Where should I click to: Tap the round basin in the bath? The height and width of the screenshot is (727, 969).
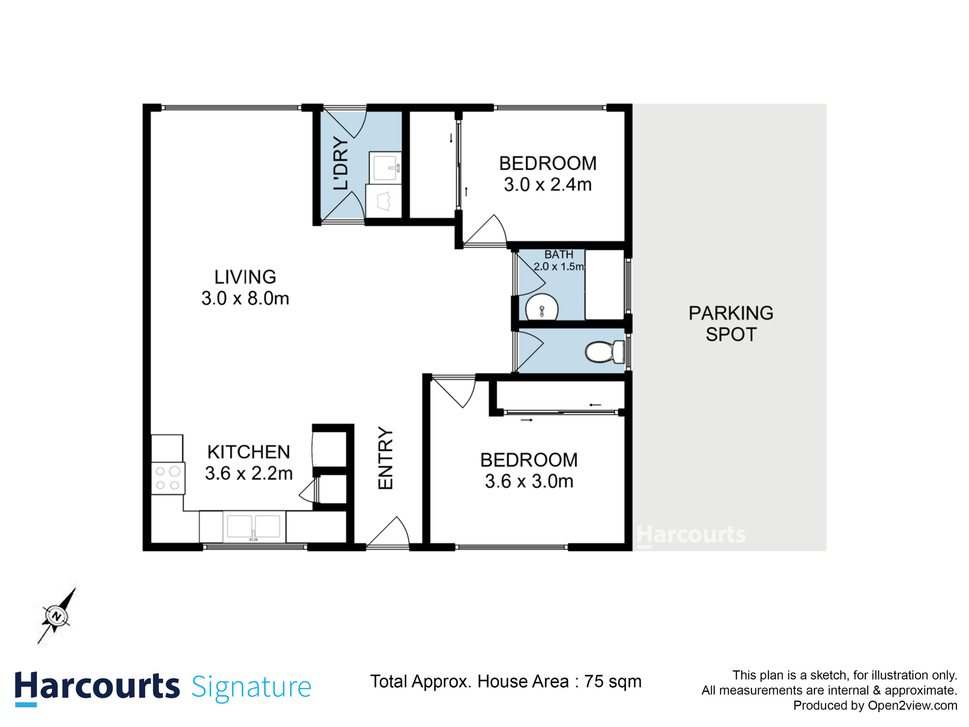pyautogui.click(x=542, y=308)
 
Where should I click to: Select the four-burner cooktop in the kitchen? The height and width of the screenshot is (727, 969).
pyautogui.click(x=168, y=478)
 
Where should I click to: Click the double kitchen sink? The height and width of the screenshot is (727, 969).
pyautogui.click(x=253, y=527)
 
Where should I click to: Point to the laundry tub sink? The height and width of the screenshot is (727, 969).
pyautogui.click(x=385, y=166)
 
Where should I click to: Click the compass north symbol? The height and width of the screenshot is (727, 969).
pyautogui.click(x=57, y=616)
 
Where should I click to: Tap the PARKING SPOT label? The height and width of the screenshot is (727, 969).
pyautogui.click(x=731, y=324)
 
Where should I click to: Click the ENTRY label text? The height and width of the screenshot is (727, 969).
pyautogui.click(x=386, y=458)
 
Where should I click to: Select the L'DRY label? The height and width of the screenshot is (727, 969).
pyautogui.click(x=341, y=163)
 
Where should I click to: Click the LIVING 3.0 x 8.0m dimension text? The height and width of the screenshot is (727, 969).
pyautogui.click(x=245, y=299)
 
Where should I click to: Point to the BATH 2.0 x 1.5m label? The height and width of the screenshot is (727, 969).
pyautogui.click(x=559, y=260)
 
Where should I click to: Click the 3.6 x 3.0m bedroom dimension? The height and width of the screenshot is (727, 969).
pyautogui.click(x=529, y=481)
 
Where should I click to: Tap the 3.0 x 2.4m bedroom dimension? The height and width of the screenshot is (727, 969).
pyautogui.click(x=547, y=185)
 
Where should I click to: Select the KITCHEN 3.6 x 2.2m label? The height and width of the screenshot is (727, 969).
pyautogui.click(x=249, y=462)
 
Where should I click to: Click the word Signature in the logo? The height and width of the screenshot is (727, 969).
pyautogui.click(x=251, y=687)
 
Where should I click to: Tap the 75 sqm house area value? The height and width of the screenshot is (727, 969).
pyautogui.click(x=612, y=681)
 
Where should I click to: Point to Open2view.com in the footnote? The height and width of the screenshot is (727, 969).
pyautogui.click(x=912, y=705)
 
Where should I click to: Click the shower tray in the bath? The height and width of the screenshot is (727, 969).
pyautogui.click(x=604, y=284)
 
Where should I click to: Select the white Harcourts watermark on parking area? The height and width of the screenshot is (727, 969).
pyautogui.click(x=691, y=535)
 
